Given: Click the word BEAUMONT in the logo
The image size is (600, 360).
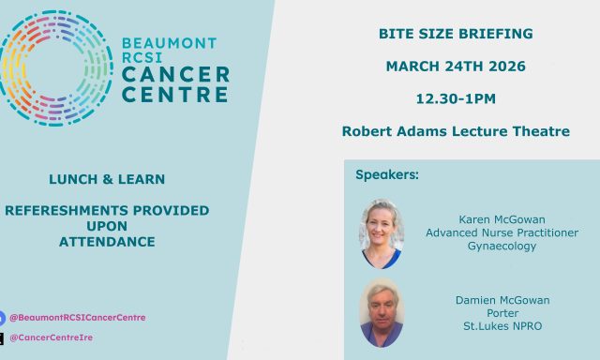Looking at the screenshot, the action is click(x=170, y=43).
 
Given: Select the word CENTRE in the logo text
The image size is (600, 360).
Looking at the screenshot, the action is click(x=175, y=94).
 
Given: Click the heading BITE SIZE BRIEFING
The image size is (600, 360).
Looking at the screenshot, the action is click(x=456, y=34).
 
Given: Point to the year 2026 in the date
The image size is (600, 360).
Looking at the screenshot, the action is click(x=507, y=67).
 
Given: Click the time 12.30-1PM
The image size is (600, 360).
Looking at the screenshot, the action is click(x=456, y=98).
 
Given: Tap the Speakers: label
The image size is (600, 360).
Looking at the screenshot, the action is click(x=387, y=174).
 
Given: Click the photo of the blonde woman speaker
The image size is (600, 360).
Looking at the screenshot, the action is click(x=382, y=233).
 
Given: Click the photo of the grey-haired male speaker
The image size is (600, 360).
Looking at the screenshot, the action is click(x=382, y=313).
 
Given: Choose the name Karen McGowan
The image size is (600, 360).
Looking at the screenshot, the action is click(x=502, y=219).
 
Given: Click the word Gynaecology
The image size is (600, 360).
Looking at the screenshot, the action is click(x=502, y=246).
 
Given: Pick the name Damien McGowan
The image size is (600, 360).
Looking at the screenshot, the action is click(x=502, y=300).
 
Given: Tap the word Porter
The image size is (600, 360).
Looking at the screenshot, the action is click(x=502, y=313).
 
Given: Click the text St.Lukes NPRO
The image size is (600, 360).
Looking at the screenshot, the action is click(x=502, y=326).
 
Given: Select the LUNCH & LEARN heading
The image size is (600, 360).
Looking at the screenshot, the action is click(x=107, y=179).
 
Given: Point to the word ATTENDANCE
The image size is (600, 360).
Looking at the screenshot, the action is click(x=107, y=241).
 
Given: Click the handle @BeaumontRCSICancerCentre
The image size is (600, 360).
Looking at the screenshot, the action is click(x=77, y=318).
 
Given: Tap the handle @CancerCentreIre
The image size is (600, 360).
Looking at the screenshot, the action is click(x=52, y=337).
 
